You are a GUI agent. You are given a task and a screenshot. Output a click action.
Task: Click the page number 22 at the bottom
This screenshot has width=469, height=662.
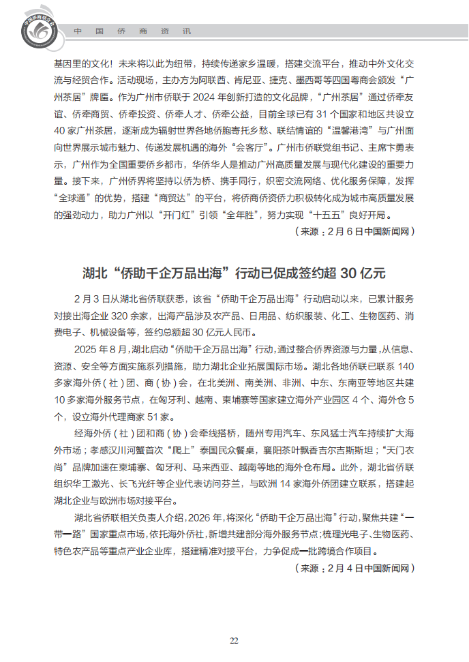pos(234,640)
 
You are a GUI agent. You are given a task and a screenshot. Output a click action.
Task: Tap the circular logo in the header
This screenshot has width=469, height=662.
pos(37,29)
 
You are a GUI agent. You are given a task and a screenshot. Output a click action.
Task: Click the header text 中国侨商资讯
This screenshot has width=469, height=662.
pos(132,32)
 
